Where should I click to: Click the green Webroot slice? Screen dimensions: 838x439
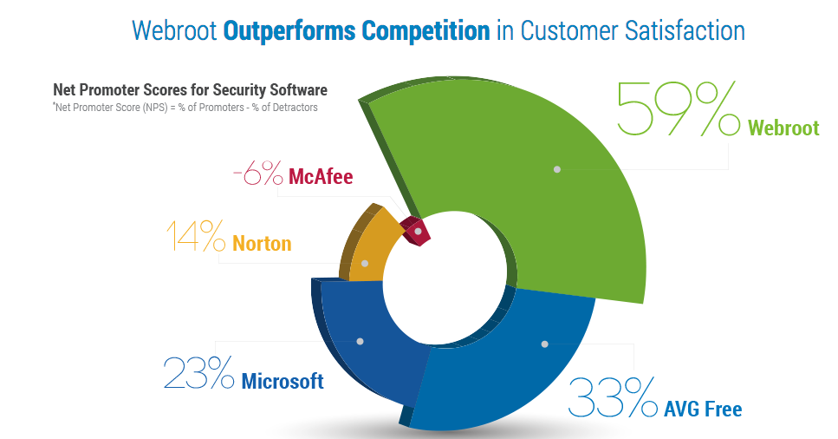click(x=555, y=177)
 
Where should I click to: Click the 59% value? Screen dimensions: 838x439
click(x=679, y=108)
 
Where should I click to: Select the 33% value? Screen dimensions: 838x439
click(x=613, y=396)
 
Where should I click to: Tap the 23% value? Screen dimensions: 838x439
click(x=198, y=372)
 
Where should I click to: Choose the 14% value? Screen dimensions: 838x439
click(x=196, y=236)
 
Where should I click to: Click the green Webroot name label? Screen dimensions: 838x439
click(x=783, y=128)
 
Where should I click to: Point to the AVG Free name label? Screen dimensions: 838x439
click(x=703, y=409)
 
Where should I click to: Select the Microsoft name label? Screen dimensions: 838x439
click(x=283, y=381)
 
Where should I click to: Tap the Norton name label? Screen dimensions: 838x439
click(x=262, y=244)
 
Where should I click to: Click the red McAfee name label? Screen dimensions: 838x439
click(x=321, y=176)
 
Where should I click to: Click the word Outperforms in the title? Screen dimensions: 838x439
click(x=289, y=31)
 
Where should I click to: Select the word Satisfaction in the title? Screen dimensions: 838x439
click(x=685, y=30)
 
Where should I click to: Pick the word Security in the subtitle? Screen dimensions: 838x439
click(x=238, y=89)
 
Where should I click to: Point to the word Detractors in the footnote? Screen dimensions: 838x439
click(x=295, y=107)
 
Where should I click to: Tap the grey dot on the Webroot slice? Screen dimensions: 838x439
click(x=557, y=169)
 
